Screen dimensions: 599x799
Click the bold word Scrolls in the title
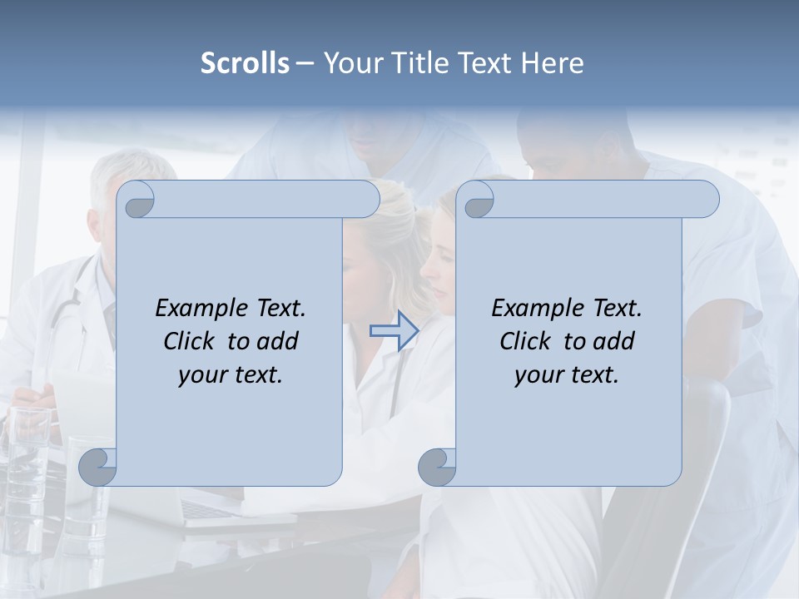[245, 63]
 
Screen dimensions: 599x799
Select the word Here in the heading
[553, 63]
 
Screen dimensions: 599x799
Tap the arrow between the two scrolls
[394, 330]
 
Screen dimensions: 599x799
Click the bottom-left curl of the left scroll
[98, 467]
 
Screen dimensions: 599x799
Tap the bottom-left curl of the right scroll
[437, 467]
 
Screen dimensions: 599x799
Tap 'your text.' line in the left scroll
[231, 374]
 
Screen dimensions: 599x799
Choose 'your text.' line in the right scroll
[567, 374]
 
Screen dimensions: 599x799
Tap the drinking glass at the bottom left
[29, 449]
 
